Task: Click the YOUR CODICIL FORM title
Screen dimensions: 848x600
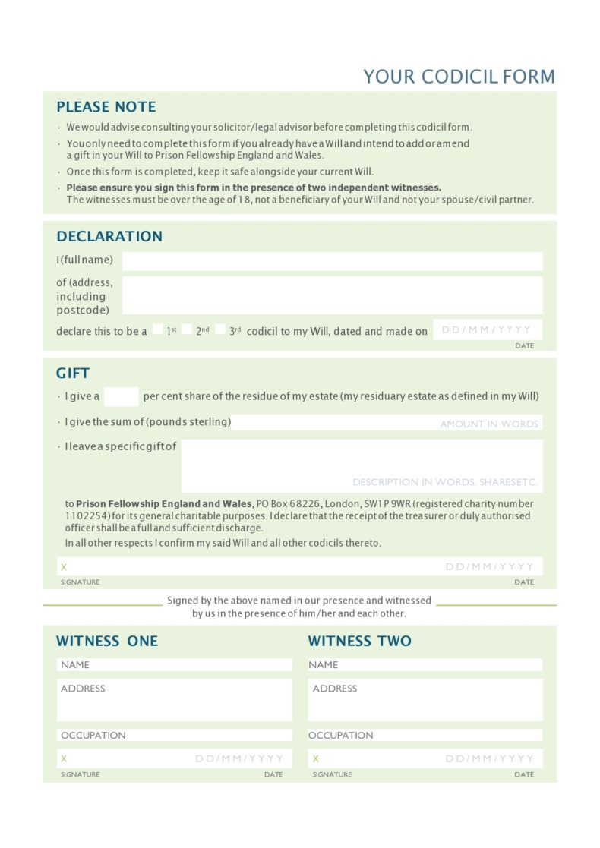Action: (459, 77)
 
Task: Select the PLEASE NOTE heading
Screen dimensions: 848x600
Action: (106, 107)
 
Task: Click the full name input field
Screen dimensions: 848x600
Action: (332, 261)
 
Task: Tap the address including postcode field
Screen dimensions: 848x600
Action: (332, 295)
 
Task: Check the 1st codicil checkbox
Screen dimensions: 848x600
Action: (157, 329)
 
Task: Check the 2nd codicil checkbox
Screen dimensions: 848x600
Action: (187, 329)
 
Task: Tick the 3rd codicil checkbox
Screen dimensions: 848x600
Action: (220, 329)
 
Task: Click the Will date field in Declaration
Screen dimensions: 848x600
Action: (488, 330)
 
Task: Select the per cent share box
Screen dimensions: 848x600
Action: (121, 396)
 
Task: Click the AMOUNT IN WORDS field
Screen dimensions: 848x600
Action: (387, 423)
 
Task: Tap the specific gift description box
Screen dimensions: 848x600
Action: (362, 465)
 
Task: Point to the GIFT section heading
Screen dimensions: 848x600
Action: (73, 374)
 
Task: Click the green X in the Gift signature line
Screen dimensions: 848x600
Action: (64, 567)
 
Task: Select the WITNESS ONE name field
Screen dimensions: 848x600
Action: (175, 665)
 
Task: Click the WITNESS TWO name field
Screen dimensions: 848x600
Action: (425, 665)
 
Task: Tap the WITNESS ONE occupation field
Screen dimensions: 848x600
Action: (175, 736)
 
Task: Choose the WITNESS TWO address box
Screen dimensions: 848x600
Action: (425, 699)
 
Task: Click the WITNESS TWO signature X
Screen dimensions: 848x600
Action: (315, 758)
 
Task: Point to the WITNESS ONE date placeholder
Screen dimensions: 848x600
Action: (239, 758)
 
